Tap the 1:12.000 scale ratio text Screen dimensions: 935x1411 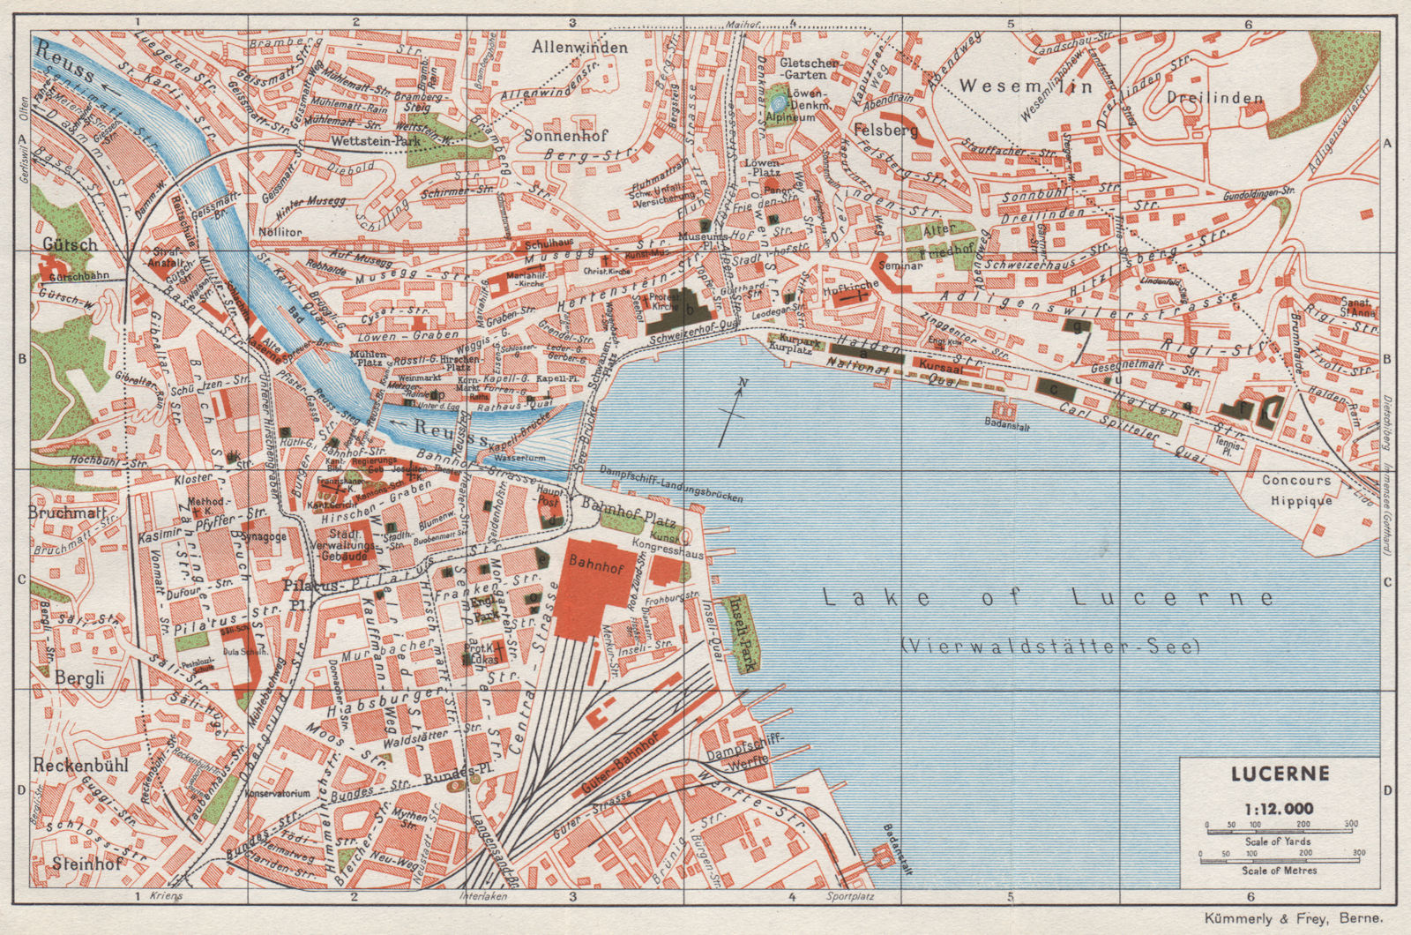1279,808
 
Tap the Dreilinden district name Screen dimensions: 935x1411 1214,98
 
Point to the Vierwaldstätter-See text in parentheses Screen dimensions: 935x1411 1050,647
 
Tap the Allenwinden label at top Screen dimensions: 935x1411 580,47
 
